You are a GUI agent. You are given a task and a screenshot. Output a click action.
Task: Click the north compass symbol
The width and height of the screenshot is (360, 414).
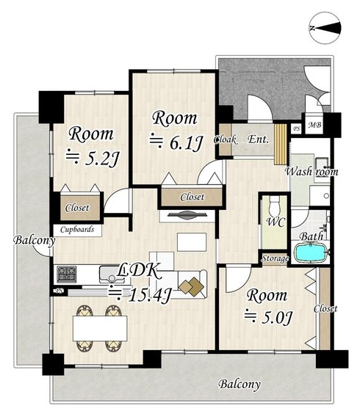click(x=325, y=27)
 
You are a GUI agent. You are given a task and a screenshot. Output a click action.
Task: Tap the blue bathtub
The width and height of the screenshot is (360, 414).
click(x=310, y=253)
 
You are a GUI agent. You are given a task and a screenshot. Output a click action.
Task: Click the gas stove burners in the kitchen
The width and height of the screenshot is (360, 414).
click(x=67, y=274)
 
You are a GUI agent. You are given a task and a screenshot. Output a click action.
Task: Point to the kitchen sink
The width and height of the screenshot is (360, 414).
click(x=112, y=274)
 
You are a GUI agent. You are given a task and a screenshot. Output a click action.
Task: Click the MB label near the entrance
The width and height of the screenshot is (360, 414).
click(x=314, y=125)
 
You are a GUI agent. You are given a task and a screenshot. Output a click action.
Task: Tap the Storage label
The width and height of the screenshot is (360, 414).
click(x=275, y=258)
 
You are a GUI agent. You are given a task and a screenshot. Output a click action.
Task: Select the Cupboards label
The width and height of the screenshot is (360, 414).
click(x=77, y=230)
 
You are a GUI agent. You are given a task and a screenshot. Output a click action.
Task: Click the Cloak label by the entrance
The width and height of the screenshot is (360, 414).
click(x=225, y=139)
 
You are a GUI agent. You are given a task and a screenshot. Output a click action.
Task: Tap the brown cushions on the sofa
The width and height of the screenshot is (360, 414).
click(x=191, y=286)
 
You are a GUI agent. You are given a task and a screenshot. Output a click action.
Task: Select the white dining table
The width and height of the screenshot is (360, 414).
click(x=100, y=328)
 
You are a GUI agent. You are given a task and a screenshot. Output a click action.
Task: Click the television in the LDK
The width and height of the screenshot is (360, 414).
click(x=187, y=215)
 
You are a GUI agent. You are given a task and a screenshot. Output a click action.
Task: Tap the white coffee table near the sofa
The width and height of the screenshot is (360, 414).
click(x=192, y=242)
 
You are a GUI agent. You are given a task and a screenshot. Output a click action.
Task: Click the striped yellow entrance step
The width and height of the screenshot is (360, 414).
click(x=281, y=144)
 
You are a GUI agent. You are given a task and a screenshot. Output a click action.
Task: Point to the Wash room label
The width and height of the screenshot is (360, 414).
click(x=312, y=172)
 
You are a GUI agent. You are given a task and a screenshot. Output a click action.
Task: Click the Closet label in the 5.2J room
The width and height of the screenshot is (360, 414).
click(x=77, y=208)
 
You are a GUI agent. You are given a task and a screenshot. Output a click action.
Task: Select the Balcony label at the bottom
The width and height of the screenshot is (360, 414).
click(x=240, y=385)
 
